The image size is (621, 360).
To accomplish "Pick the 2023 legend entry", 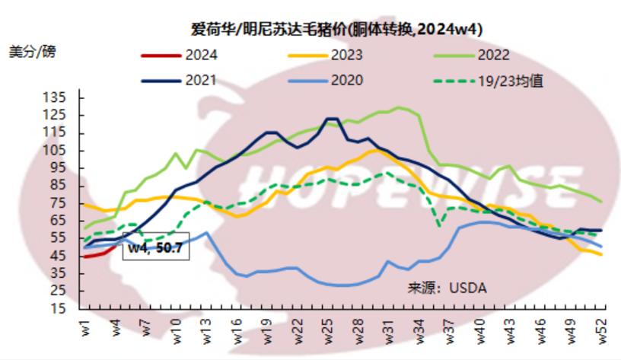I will pos(346,55).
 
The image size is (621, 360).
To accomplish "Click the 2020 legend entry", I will pos(346,80).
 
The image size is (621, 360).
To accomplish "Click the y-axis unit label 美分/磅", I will pos(32,53).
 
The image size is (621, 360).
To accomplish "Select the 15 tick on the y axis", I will pos(59,308).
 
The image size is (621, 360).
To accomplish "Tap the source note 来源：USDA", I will pos(446,288).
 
